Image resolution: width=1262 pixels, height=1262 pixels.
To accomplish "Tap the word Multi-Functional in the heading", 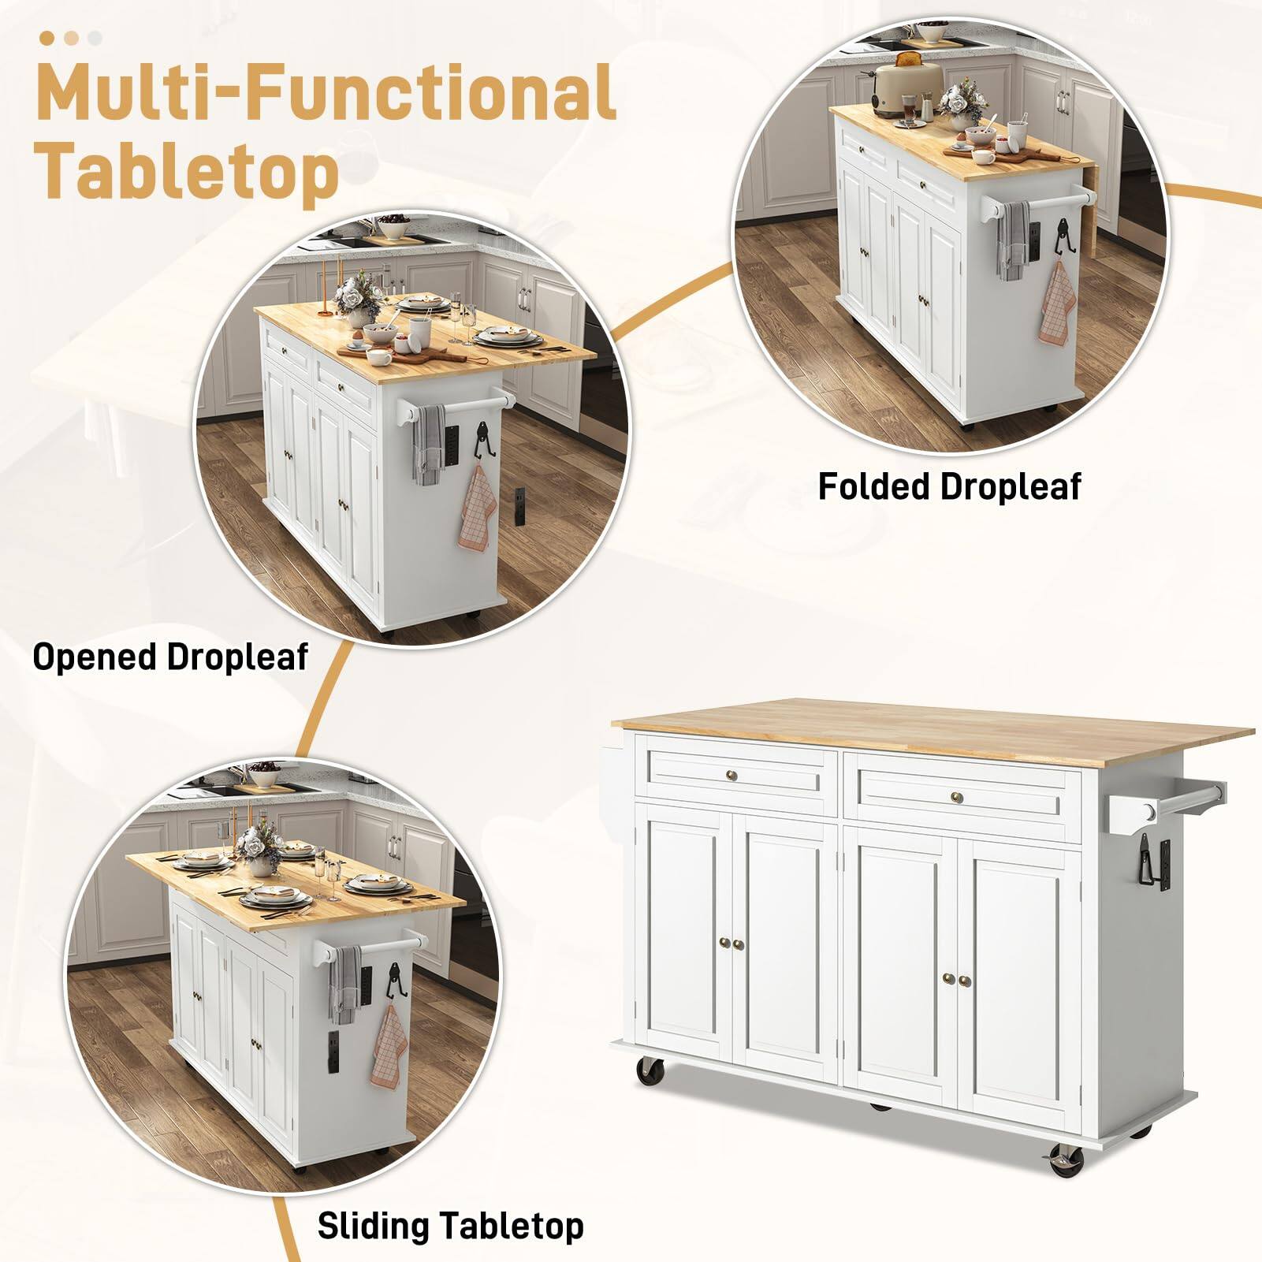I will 326,91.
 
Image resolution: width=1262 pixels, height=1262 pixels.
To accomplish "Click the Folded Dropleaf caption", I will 949,486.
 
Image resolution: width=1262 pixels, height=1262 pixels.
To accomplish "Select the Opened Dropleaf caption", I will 170,657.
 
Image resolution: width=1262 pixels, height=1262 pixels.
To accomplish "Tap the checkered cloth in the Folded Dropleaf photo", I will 1056,303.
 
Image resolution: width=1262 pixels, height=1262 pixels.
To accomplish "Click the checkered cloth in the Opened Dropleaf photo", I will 476,508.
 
